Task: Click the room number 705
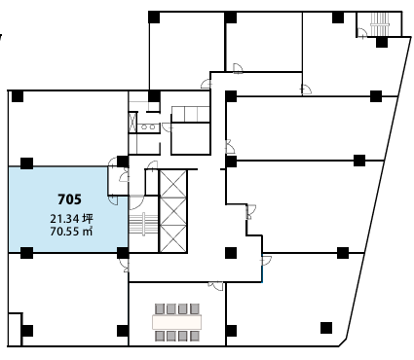click(x=69, y=199)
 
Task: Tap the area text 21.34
click(x=64, y=219)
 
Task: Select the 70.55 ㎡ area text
click(x=71, y=232)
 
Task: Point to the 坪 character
click(x=88, y=219)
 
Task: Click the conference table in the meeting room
click(x=177, y=322)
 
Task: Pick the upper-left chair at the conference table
click(x=160, y=308)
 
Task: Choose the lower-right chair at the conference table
click(x=195, y=336)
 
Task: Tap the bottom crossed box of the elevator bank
click(x=173, y=238)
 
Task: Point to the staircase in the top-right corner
click(x=380, y=24)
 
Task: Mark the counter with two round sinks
click(x=148, y=126)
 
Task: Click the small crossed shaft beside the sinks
click(x=132, y=123)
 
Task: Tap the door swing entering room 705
click(x=113, y=199)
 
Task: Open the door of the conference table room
click(x=216, y=285)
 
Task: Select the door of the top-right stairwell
click(x=362, y=33)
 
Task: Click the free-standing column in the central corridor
click(x=231, y=253)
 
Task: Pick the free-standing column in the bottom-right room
click(x=326, y=328)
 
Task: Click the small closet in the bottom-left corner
click(x=15, y=330)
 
